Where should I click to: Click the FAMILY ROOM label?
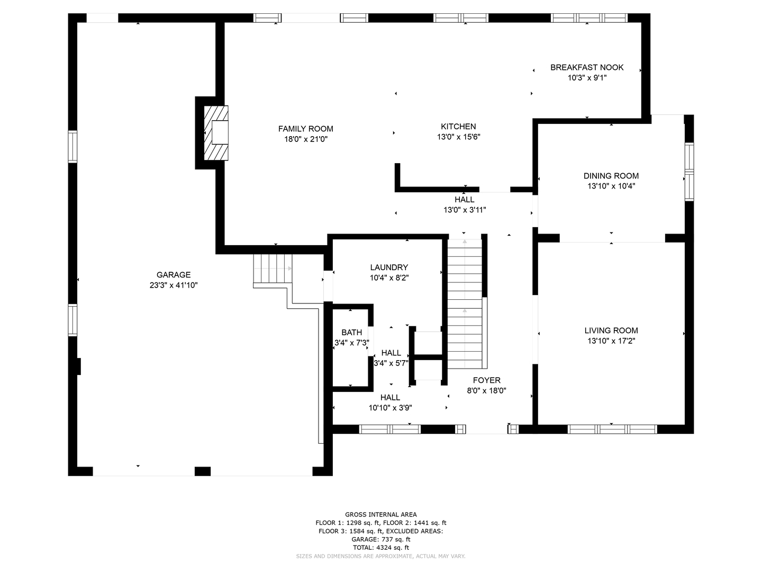click(x=305, y=129)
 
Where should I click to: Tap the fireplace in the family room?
click(x=216, y=133)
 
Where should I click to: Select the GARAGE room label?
click(x=174, y=275)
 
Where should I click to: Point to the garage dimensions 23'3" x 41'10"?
click(x=174, y=285)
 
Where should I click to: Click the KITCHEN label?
click(x=458, y=127)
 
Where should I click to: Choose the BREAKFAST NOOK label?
click(x=587, y=67)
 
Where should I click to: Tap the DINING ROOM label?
click(x=611, y=176)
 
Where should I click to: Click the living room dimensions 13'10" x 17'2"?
click(x=611, y=341)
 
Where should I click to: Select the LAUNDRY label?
click(x=389, y=267)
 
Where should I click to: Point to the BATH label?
click(x=352, y=333)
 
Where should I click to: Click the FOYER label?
click(x=486, y=380)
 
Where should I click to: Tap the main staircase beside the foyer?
click(x=465, y=304)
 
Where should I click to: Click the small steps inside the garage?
click(x=273, y=269)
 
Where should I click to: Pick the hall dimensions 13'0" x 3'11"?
click(x=465, y=210)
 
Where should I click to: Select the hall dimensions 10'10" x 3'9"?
click(x=390, y=408)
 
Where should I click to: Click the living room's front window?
click(x=612, y=429)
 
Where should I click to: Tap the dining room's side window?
click(x=689, y=172)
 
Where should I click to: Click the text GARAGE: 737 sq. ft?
click(x=381, y=539)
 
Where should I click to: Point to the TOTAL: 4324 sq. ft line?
click(x=381, y=548)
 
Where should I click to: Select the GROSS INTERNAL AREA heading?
click(x=381, y=514)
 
